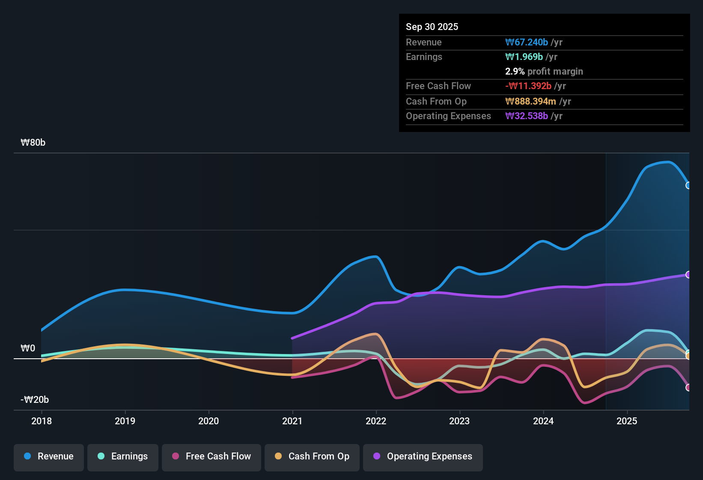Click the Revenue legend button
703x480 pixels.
[x=49, y=456]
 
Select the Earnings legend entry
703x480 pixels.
[x=123, y=456]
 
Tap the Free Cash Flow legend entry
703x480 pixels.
[x=211, y=456]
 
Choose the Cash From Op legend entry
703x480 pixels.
[x=312, y=456]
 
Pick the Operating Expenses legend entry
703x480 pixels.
[x=423, y=456]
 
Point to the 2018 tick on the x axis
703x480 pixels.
[x=42, y=421]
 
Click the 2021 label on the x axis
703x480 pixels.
[x=292, y=421]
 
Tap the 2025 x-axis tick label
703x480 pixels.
[x=627, y=421]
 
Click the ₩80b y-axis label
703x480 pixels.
[x=33, y=143]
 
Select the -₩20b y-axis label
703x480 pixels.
[x=35, y=400]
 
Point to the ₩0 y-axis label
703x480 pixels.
[x=28, y=348]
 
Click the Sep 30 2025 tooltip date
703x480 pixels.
[x=432, y=27]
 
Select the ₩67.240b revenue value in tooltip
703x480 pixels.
[x=527, y=42]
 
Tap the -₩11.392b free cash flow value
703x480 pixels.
[x=528, y=86]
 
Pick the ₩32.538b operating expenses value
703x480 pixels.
[x=527, y=116]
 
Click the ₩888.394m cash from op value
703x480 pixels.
[x=530, y=101]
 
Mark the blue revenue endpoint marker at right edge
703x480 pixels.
[x=688, y=186]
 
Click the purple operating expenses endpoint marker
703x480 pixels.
[x=688, y=275]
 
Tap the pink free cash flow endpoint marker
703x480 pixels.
[x=688, y=387]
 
